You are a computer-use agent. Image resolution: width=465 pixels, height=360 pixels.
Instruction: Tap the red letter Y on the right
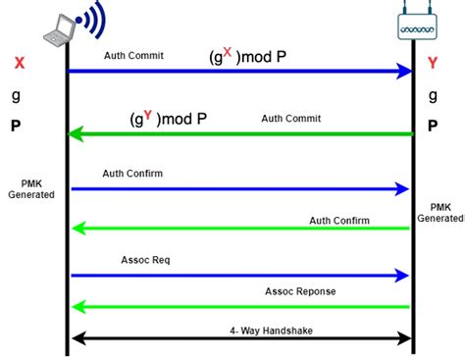(432, 64)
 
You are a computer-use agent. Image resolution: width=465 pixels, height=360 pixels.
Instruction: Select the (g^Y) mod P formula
(168, 119)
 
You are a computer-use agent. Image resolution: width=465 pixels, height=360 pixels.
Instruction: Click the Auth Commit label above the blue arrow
(133, 56)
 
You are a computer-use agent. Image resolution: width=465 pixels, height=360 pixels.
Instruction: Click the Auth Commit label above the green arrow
(290, 119)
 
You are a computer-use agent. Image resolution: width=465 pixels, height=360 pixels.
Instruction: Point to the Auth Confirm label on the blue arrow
(132, 174)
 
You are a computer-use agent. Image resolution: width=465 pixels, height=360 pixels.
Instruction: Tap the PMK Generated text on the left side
(32, 188)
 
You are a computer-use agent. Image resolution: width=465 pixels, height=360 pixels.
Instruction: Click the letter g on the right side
(431, 96)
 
